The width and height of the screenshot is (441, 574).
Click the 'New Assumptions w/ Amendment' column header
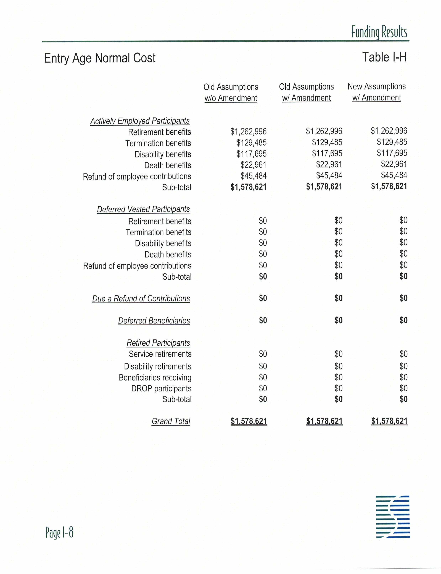point(376,92)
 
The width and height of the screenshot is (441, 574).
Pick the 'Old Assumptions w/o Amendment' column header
point(231,92)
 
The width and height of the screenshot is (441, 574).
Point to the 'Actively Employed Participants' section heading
point(140,121)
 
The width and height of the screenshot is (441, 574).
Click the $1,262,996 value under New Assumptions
point(389,131)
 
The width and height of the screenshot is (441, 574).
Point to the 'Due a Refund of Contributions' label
point(141,298)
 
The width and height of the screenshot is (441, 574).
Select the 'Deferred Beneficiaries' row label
point(154,321)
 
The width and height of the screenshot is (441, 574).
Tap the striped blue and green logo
point(392,517)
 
